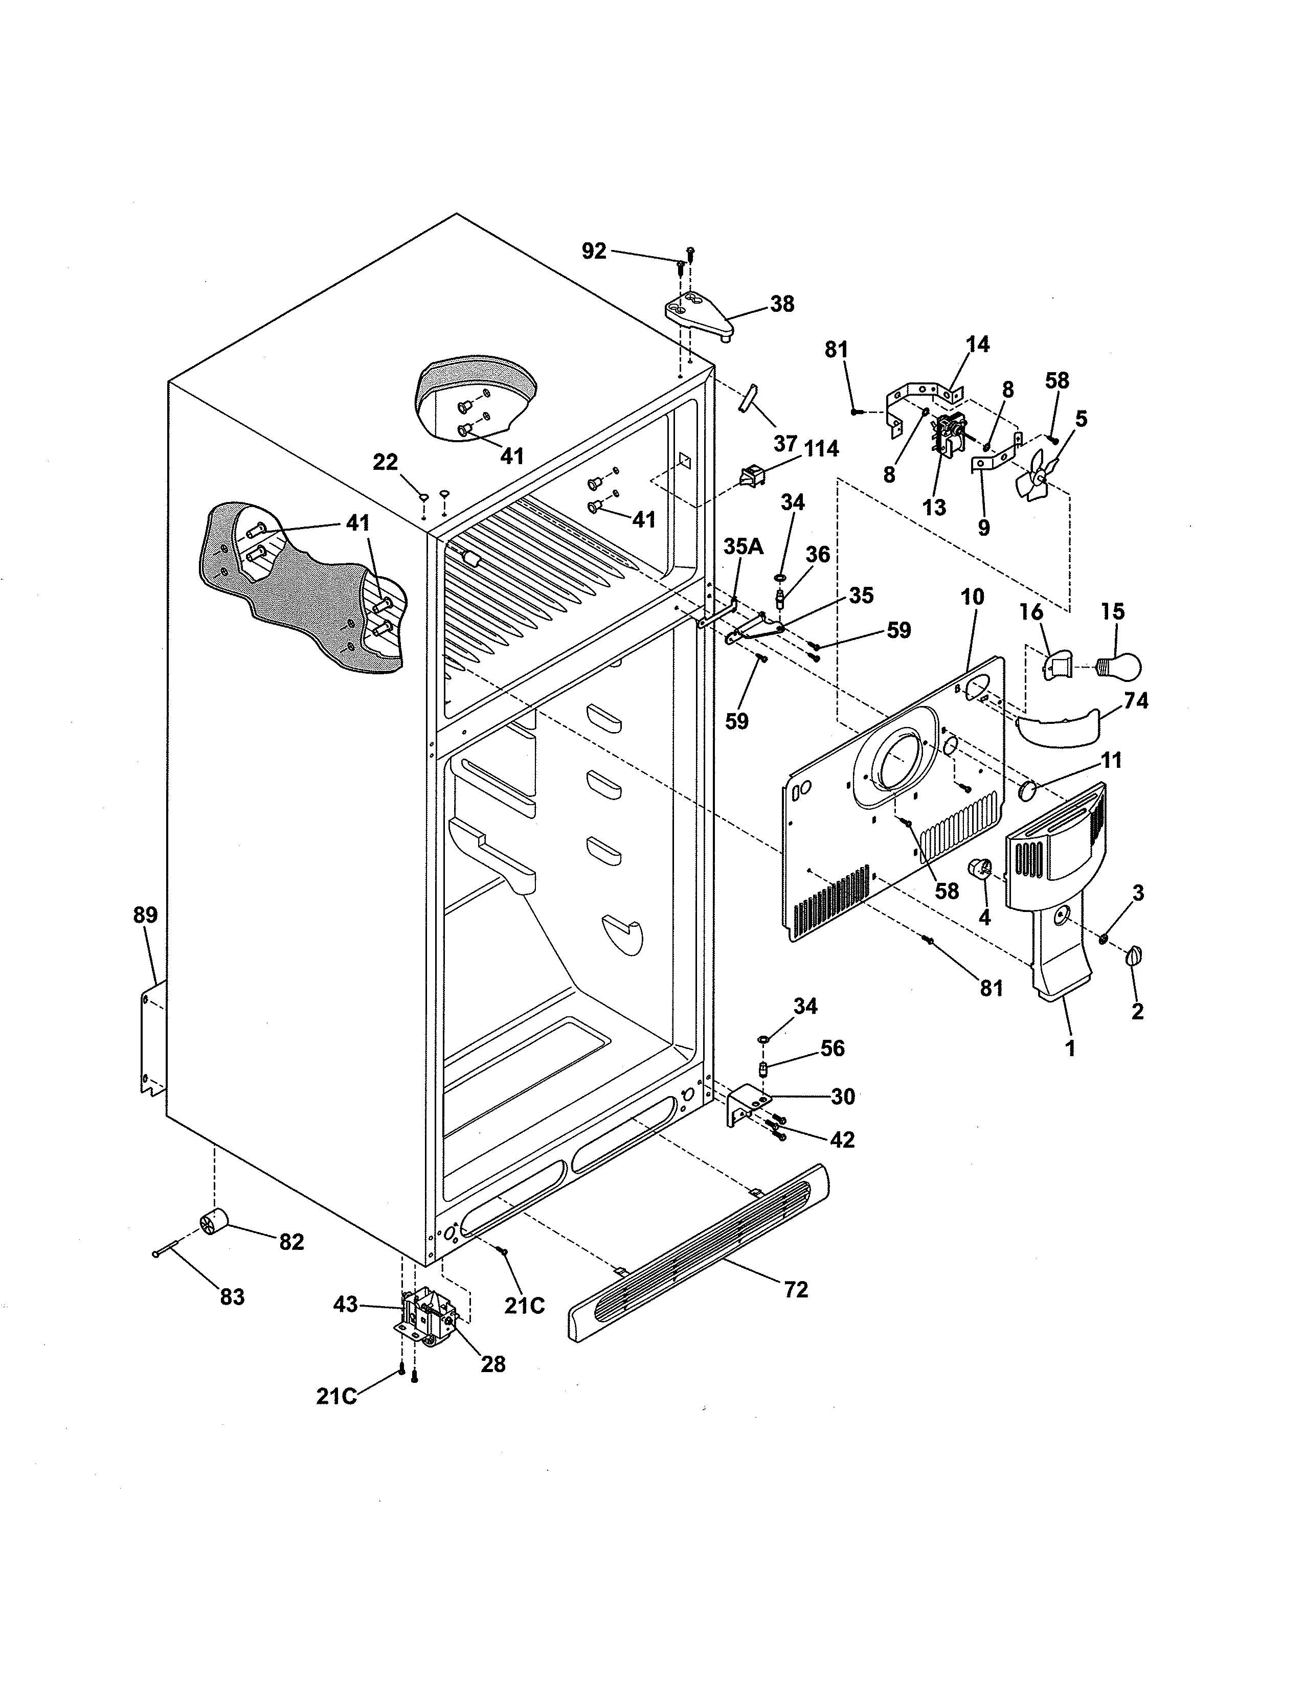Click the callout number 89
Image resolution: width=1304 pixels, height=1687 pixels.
point(145,916)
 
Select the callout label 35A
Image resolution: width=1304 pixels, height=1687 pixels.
point(743,547)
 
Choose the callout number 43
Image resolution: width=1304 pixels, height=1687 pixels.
point(345,1305)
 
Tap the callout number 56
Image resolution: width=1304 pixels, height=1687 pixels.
point(832,1048)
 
